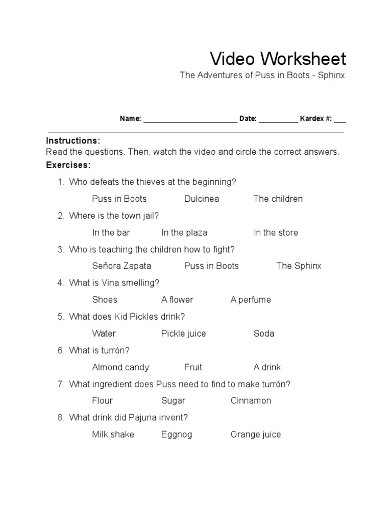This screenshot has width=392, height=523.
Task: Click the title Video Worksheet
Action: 278,59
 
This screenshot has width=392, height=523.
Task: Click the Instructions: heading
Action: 73,140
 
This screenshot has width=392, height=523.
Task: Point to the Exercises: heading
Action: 68,165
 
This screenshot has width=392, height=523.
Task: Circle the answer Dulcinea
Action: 202,199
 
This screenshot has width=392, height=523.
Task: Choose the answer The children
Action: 278,199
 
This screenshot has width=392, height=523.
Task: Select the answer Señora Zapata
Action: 121,266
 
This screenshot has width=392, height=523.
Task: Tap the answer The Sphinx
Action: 299,266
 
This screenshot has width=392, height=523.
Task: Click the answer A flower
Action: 177,300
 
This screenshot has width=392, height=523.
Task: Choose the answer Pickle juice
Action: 183,334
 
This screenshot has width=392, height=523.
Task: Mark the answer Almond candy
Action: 120,367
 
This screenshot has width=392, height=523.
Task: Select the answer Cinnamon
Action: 251,401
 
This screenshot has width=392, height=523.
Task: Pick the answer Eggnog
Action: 177,435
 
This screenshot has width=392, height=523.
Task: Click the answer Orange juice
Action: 255,435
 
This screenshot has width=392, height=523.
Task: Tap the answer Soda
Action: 264,334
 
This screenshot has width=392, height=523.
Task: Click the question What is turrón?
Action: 100,350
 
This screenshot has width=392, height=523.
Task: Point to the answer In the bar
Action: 111,232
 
